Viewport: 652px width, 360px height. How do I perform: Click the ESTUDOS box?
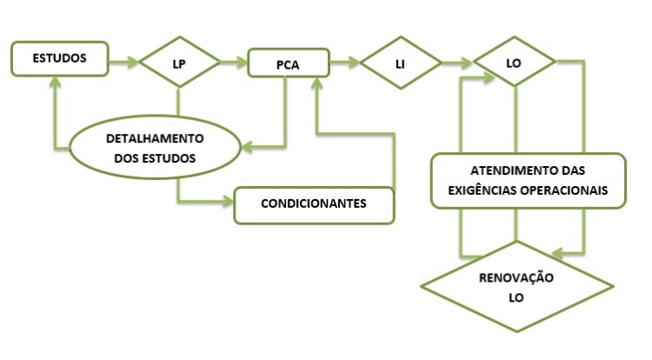point(59,59)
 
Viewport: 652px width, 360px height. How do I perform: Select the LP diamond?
point(180,63)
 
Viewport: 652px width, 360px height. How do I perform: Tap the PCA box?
point(288,63)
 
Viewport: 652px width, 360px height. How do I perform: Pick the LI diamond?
point(401,63)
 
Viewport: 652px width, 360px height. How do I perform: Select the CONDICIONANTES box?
point(314,205)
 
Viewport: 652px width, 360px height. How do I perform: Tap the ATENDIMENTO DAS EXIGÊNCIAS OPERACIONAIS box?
point(527,180)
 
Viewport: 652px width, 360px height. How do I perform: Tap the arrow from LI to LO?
point(456,63)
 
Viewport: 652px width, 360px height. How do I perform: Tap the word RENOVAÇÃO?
point(516,277)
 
